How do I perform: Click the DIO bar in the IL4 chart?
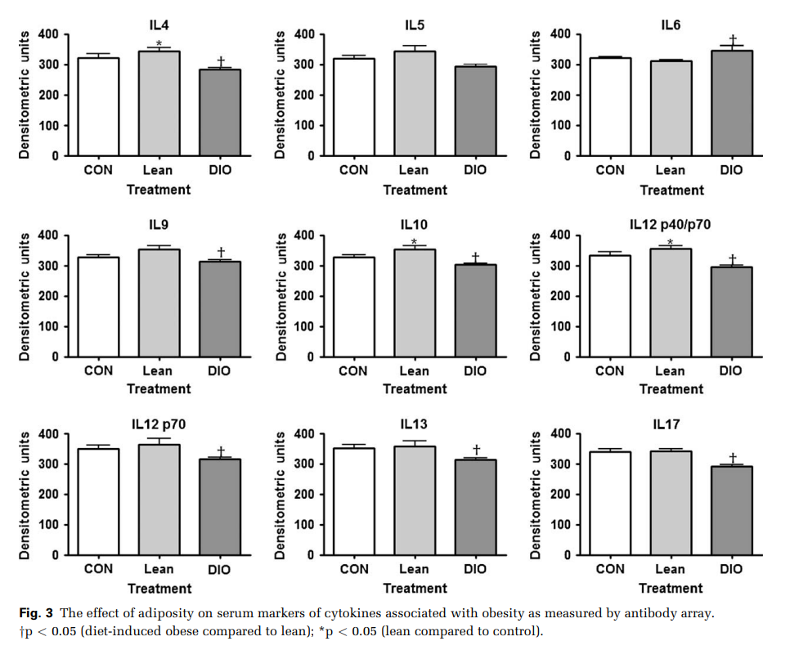tap(218, 112)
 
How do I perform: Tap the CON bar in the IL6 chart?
tap(609, 106)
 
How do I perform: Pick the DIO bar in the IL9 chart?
tap(218, 308)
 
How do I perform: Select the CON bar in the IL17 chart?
tap(609, 503)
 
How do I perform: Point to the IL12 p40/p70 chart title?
tap(670, 223)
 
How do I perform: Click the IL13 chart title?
tap(414, 424)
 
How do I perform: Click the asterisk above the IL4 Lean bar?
tap(159, 44)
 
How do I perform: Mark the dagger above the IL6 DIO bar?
tap(733, 39)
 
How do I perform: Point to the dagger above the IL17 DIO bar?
tap(733, 457)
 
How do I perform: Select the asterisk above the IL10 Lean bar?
tap(415, 242)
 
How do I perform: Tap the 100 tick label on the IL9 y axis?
tap(48, 327)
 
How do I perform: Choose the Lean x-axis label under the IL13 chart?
tap(414, 569)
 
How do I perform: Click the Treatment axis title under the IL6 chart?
tap(671, 191)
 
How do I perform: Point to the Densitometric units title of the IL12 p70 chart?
tap(25, 494)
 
